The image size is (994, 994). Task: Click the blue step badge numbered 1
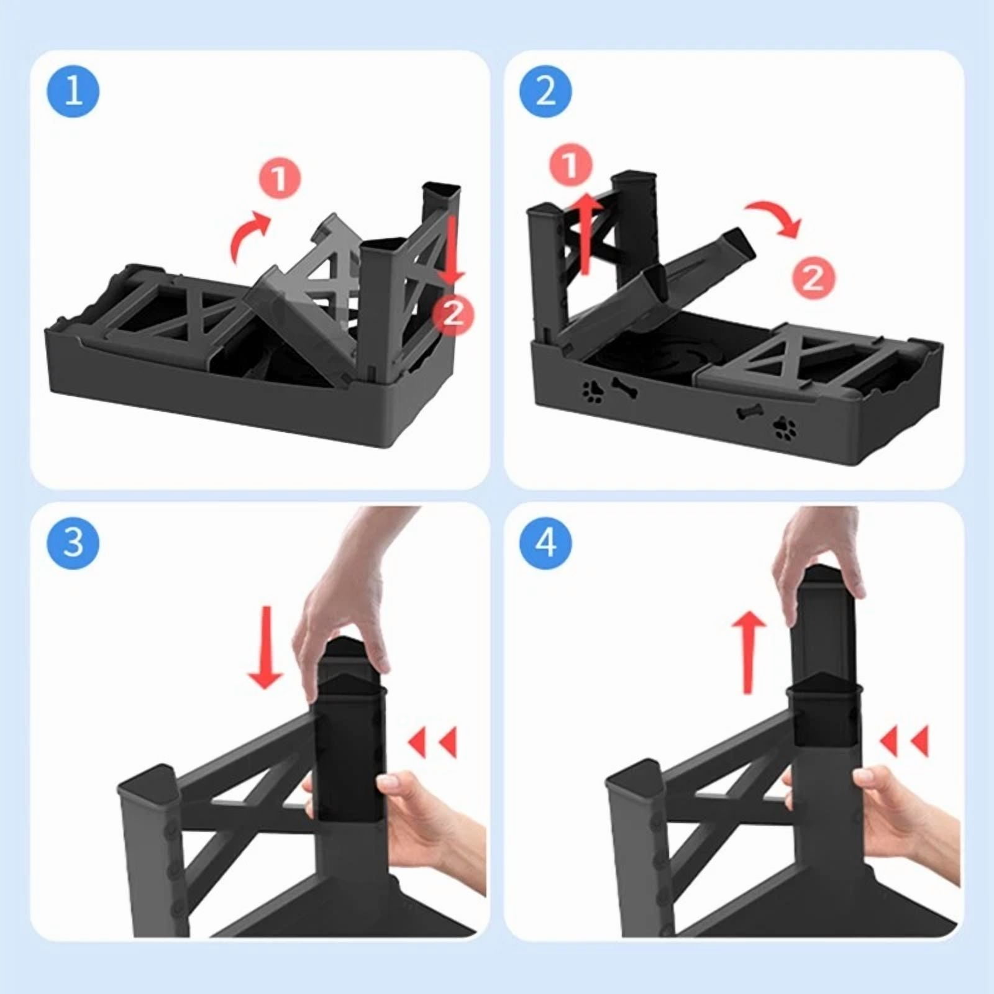click(73, 91)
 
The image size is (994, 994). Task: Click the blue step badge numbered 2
click(546, 91)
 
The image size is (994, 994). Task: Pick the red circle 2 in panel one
click(454, 314)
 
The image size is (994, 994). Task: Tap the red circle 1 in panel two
click(571, 166)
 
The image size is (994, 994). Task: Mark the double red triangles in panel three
click(433, 742)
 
